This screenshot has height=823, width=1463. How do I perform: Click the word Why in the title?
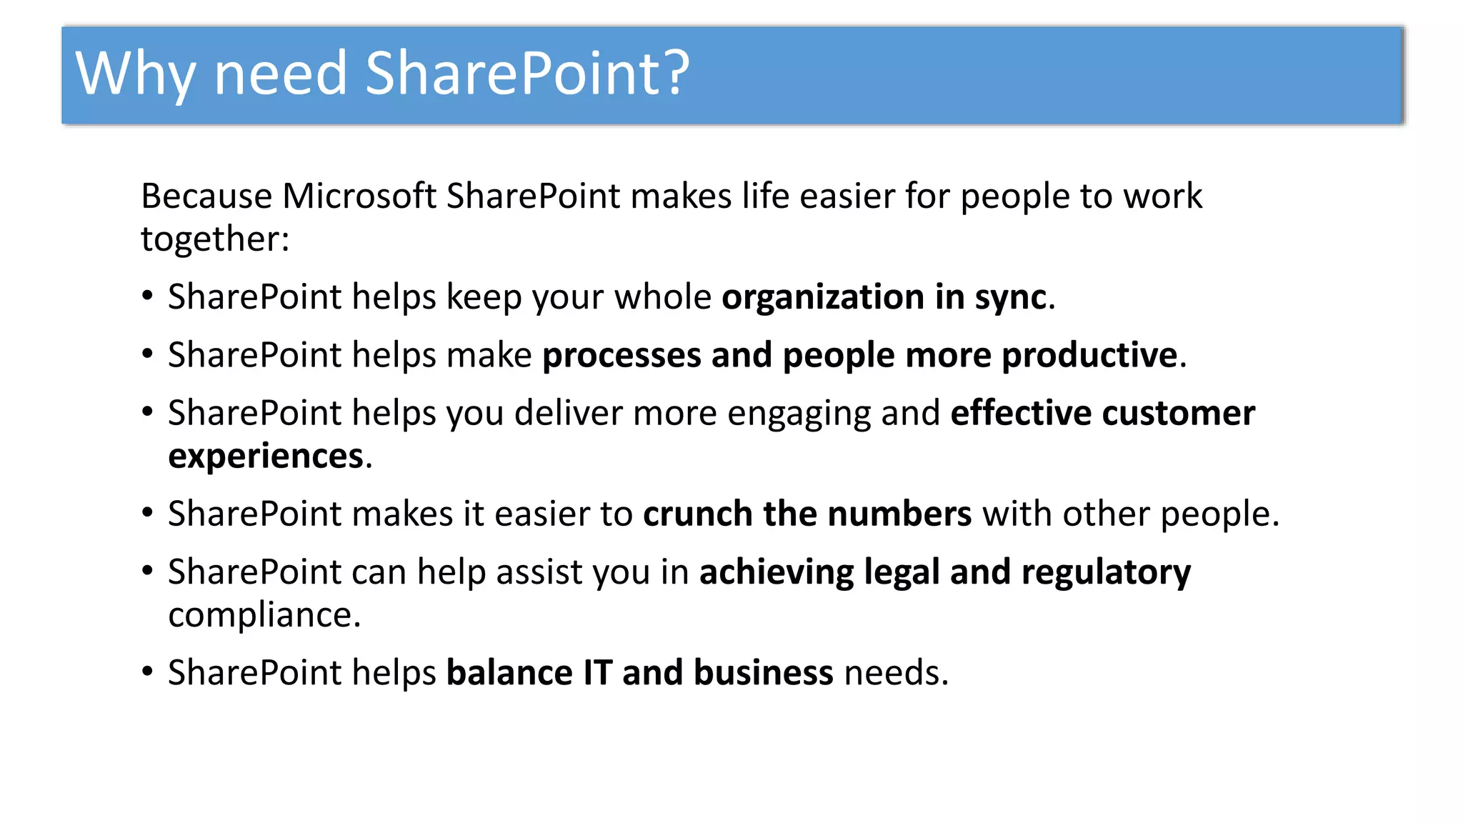[134, 74]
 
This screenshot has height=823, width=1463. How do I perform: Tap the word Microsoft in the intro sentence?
[359, 196]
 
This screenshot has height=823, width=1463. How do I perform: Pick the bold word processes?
[621, 355]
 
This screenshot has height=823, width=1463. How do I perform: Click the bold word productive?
[1089, 355]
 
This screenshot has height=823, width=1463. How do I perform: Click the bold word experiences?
[266, 456]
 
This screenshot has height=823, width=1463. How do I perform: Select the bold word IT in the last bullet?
[597, 672]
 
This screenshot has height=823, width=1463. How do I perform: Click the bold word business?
[763, 672]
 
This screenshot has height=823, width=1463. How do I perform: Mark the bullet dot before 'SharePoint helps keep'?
[147, 296]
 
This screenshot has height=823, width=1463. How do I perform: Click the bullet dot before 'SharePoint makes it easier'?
[147, 513]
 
